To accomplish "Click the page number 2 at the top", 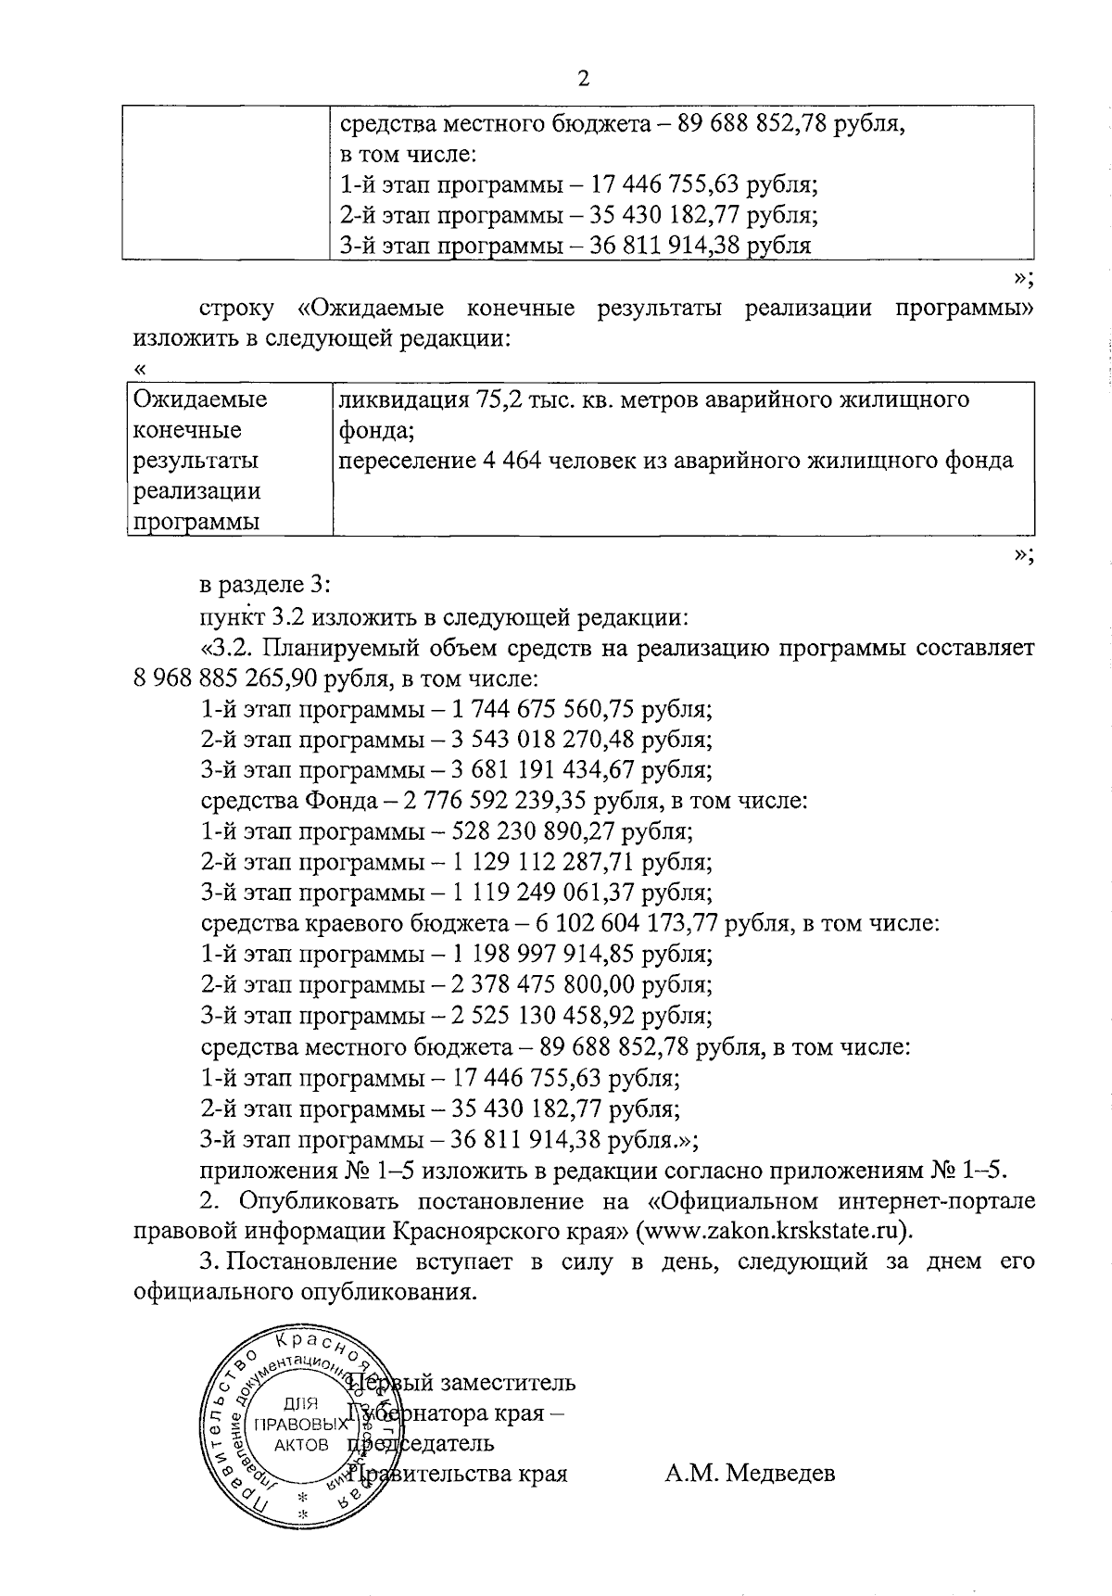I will pyautogui.click(x=583, y=80).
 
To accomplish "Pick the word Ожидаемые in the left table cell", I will pyautogui.click(x=201, y=399).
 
